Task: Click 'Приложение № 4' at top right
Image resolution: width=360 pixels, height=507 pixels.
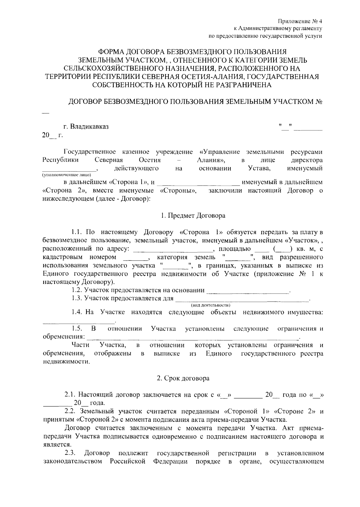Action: click(300, 21)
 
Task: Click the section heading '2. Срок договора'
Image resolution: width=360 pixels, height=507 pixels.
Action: click(183, 378)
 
